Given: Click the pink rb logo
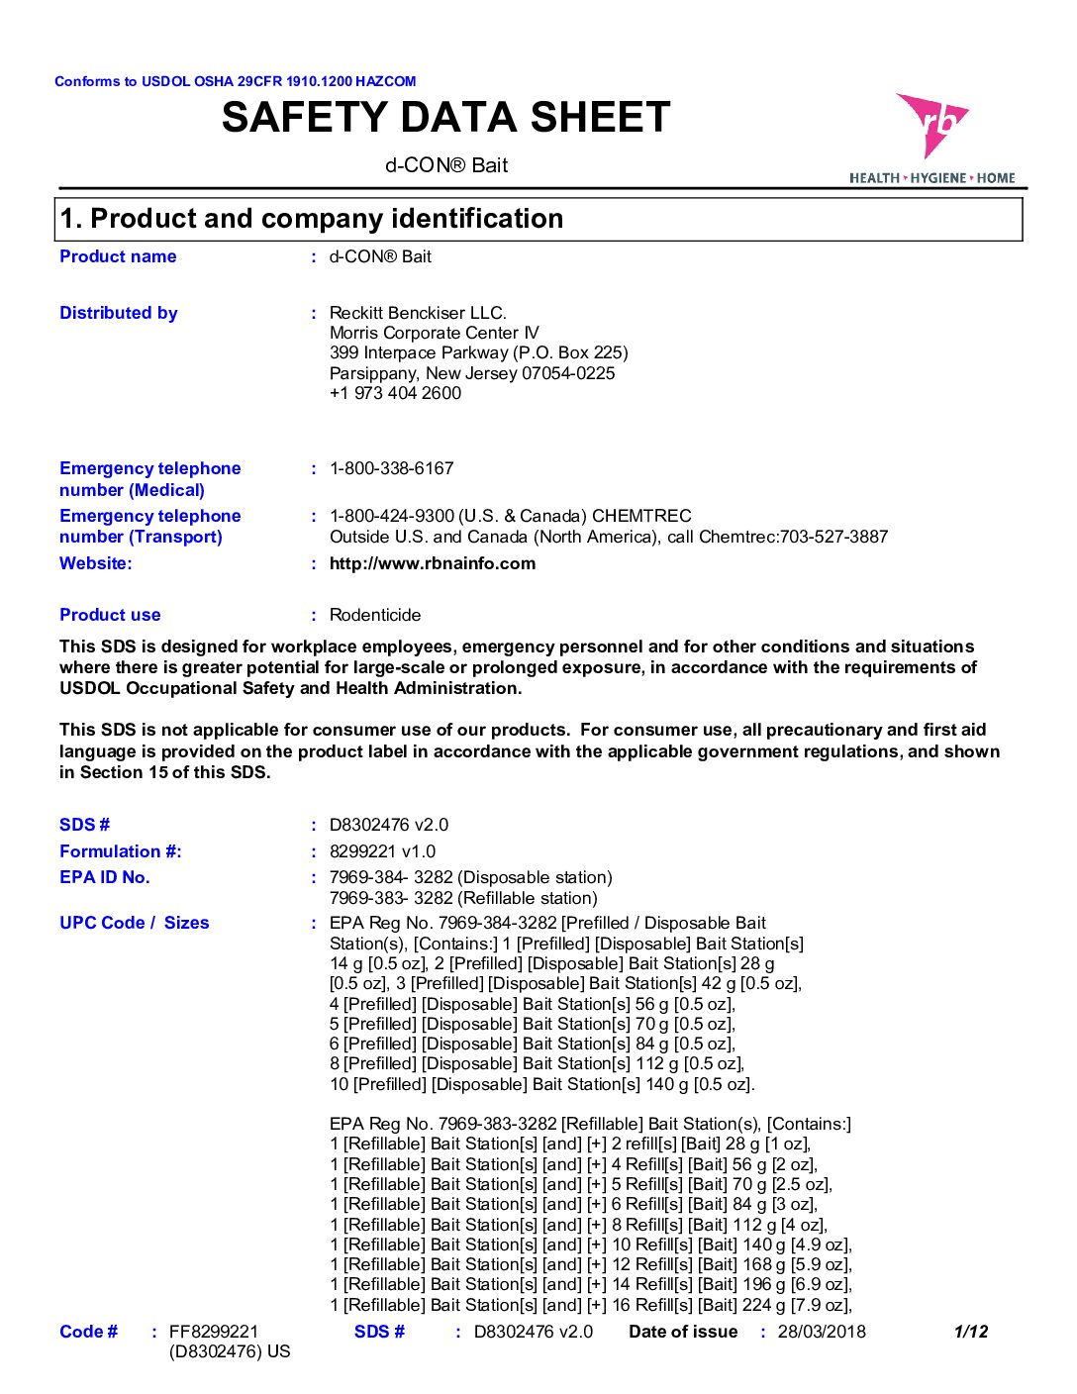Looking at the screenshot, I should (x=931, y=124).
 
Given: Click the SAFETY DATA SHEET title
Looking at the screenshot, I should (x=446, y=118).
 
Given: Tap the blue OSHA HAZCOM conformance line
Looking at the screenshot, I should (x=236, y=81).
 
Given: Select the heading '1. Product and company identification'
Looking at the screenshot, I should (x=312, y=219).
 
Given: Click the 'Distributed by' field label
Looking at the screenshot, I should (x=119, y=313).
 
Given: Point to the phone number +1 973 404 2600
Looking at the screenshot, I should (x=395, y=393).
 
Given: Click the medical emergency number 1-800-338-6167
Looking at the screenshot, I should (x=391, y=468).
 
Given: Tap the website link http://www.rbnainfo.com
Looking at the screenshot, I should (x=433, y=563).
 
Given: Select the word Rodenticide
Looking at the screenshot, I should (x=375, y=615).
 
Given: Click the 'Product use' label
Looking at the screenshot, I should (x=110, y=615).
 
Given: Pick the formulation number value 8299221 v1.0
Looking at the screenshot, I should (x=382, y=851).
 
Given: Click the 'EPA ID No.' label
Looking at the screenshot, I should (x=105, y=877).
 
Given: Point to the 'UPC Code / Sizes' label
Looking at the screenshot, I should (x=135, y=923).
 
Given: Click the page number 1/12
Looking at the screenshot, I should (x=970, y=1332).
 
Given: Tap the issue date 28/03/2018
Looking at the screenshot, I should (x=822, y=1332).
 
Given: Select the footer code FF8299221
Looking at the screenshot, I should (x=214, y=1332).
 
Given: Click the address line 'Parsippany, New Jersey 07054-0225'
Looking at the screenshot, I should (x=472, y=373).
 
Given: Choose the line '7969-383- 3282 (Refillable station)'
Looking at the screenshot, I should (x=463, y=898).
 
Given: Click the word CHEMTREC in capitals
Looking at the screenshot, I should (x=644, y=516).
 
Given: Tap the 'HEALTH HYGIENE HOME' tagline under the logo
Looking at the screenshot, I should (x=932, y=178).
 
